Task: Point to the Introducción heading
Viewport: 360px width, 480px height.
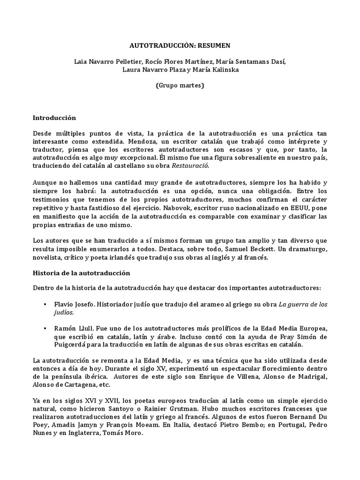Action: point(54,118)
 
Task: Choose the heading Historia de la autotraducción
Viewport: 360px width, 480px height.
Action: point(81,272)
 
